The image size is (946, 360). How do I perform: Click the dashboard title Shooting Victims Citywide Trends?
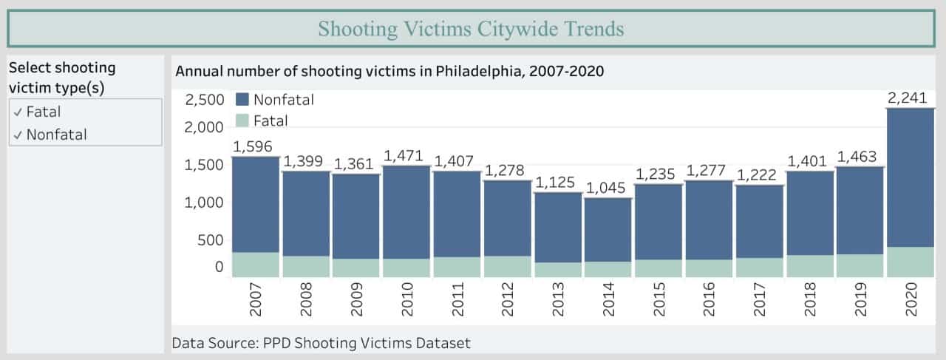471,29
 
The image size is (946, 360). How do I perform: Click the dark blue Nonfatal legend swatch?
240,100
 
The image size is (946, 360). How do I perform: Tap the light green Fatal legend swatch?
240,120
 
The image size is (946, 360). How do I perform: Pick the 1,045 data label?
608,189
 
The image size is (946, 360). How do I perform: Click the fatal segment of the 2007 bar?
256,265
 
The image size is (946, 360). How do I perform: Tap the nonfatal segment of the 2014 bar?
608,230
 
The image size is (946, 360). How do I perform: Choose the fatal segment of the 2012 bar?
507,267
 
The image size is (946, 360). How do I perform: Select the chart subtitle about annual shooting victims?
389,72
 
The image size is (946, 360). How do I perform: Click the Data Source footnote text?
321,343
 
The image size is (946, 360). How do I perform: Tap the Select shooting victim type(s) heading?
62,78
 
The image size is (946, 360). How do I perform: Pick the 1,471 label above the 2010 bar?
406,156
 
